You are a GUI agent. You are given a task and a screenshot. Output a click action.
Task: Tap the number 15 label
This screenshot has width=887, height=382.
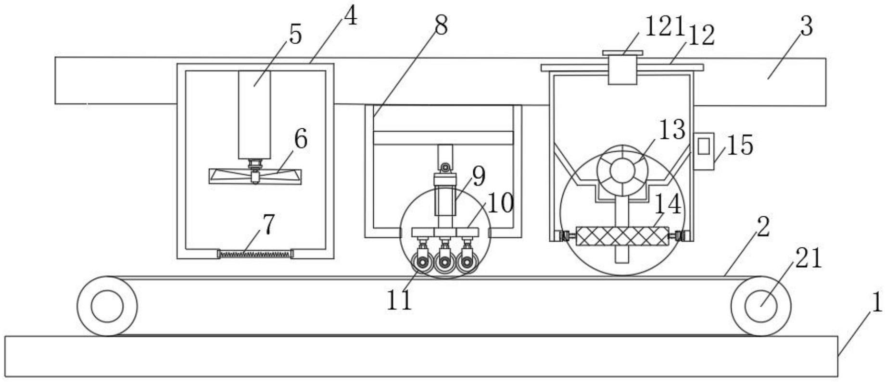[739, 145]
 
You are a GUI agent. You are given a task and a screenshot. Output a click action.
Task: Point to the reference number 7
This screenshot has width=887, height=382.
[268, 224]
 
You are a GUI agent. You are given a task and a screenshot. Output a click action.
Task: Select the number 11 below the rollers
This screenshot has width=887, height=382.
[399, 301]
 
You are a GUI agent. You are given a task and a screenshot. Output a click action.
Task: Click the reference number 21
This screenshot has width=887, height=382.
[809, 259]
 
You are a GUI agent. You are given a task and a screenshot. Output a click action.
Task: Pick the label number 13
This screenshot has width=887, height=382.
[672, 130]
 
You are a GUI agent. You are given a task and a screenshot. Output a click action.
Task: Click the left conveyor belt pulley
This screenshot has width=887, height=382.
[107, 306]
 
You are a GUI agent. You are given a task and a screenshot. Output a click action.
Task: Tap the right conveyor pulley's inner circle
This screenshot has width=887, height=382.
[760, 306]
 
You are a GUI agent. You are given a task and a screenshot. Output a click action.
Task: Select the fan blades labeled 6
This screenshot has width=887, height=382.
[255, 176]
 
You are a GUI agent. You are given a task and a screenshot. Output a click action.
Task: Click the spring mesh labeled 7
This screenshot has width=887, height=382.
[255, 254]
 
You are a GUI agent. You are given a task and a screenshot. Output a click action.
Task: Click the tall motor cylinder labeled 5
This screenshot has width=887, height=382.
[254, 115]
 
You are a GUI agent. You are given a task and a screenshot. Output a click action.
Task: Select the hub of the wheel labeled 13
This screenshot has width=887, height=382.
[622, 171]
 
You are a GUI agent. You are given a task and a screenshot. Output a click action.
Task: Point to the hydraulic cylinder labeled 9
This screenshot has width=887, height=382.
[444, 195]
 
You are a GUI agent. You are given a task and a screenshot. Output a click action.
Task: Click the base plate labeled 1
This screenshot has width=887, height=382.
[421, 356]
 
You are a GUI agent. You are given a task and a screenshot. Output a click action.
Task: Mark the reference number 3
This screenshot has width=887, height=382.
[806, 26]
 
